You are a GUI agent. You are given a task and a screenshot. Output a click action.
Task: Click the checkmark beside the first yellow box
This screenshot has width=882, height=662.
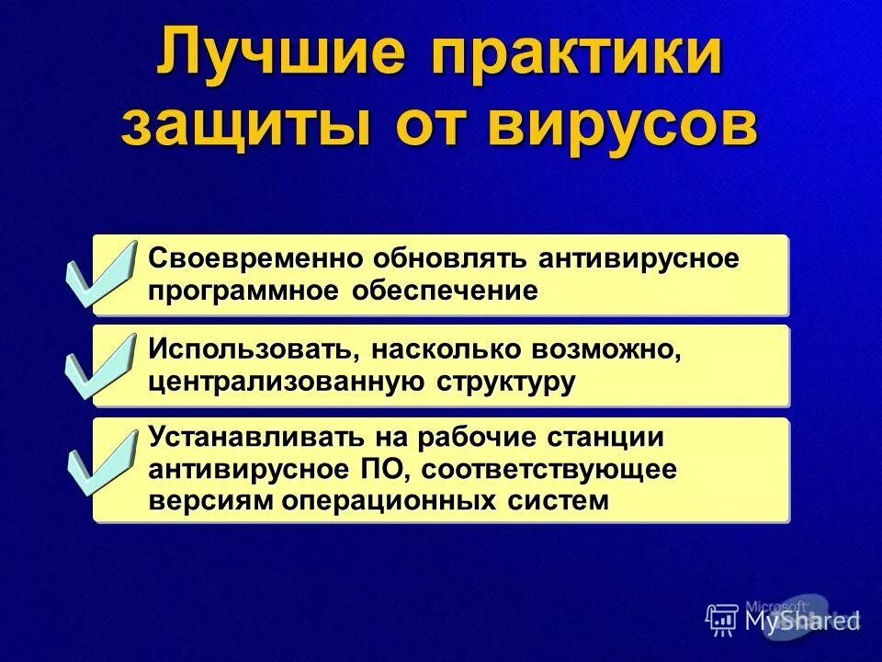[x=100, y=273]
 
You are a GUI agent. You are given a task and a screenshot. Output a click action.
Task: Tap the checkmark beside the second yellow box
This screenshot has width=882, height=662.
[x=100, y=366]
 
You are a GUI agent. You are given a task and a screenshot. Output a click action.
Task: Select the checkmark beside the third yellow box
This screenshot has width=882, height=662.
[x=100, y=459]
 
